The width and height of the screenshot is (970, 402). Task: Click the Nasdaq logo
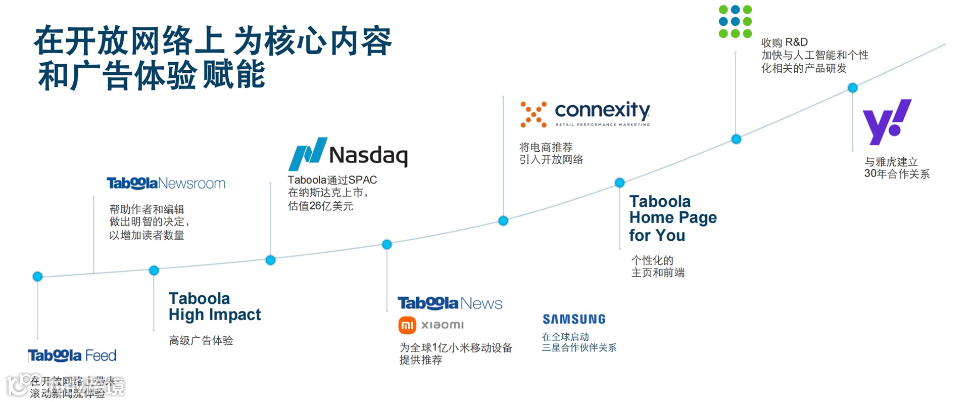point(348,154)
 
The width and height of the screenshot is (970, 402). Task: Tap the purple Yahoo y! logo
point(886,121)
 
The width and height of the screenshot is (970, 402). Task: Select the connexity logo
point(585,113)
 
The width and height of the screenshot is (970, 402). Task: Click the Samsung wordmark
point(574,319)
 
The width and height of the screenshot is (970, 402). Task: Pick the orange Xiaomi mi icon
point(407,325)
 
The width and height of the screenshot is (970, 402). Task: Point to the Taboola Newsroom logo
point(166,183)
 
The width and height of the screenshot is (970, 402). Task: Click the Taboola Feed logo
point(72,355)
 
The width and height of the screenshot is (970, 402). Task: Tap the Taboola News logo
point(450,303)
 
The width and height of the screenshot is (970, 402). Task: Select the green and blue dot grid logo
point(735,22)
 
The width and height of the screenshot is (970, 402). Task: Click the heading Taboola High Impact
point(214,306)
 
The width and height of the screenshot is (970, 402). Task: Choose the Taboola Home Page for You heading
point(672,218)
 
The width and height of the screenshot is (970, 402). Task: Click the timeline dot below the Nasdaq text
point(270,260)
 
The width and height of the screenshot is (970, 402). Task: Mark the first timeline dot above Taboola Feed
point(37,277)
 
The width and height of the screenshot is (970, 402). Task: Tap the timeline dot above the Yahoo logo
point(852,88)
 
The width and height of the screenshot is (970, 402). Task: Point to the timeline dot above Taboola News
point(386,245)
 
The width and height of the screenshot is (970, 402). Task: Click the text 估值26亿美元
point(320,206)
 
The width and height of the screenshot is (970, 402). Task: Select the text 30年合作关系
point(896,174)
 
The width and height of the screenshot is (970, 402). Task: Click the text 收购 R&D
point(784,42)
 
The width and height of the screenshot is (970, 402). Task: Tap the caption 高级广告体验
point(201,341)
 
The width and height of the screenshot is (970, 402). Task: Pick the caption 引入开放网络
point(551,160)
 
